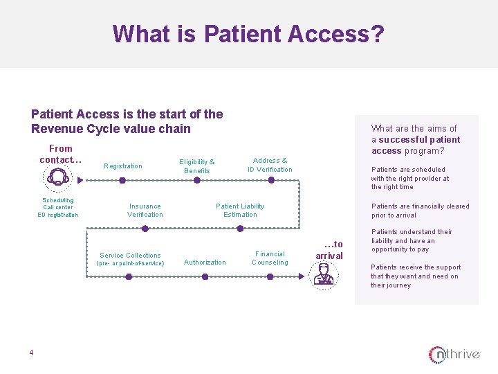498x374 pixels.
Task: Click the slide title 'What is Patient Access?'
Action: coord(248,33)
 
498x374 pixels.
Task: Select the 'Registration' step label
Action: coord(122,166)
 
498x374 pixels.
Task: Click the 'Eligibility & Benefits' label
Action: coord(197,166)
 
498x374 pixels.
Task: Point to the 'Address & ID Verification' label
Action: coord(270,165)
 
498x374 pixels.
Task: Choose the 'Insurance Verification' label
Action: coord(145,211)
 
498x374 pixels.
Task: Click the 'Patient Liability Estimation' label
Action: coord(240,211)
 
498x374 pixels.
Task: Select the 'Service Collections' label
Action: coord(130,256)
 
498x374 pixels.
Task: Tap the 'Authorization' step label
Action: coord(205,262)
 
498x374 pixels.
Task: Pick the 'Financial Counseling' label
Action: coord(270,258)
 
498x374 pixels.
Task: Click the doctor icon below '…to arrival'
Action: coord(322,274)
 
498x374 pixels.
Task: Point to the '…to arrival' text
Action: coord(329,250)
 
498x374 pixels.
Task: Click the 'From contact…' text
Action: coord(60,154)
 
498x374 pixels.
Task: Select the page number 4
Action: coord(31,353)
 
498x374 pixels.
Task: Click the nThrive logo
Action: coord(454,355)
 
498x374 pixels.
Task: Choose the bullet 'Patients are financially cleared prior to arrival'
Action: coord(420,211)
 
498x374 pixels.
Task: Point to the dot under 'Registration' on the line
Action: coord(122,180)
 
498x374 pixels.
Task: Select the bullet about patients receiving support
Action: coord(415,276)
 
